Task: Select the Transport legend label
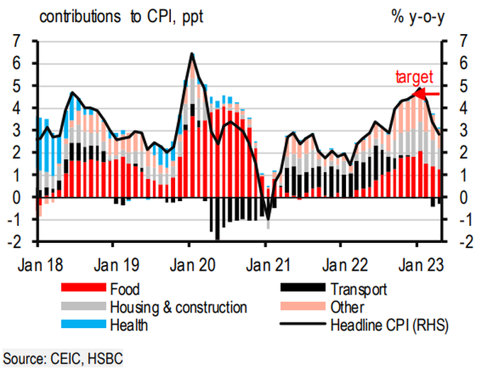(358, 289)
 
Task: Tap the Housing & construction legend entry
(178, 308)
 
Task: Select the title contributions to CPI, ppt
(121, 16)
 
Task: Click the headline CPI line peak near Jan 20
(191, 54)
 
